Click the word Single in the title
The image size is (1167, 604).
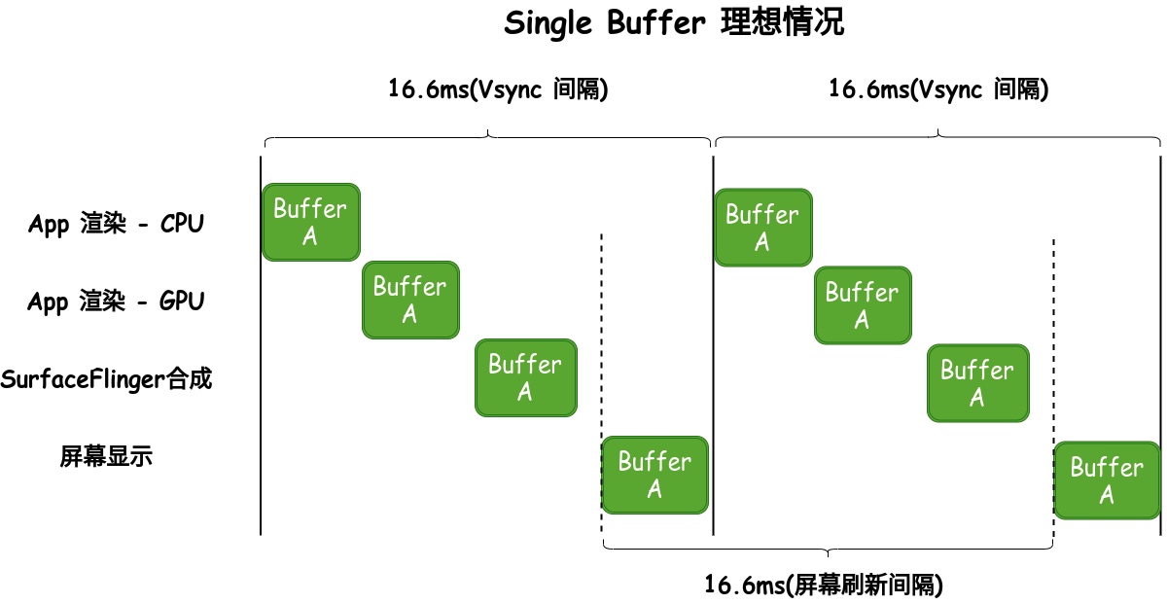(548, 23)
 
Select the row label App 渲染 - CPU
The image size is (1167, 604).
(117, 224)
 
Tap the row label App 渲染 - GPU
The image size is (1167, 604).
(117, 302)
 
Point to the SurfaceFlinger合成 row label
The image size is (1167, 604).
(106, 379)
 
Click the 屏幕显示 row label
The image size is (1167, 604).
(106, 456)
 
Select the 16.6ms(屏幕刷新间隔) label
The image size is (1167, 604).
(824, 586)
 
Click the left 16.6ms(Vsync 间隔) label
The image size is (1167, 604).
(498, 90)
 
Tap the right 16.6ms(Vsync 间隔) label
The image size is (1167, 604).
(937, 90)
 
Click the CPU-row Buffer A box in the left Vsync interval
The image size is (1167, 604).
(310, 222)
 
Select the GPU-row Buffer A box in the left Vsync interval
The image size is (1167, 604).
(409, 300)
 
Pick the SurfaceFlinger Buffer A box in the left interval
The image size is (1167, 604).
(525, 377)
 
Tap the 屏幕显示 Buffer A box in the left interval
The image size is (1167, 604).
(654, 475)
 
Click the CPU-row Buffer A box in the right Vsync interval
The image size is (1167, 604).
(762, 228)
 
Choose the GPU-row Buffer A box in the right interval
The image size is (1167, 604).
(863, 305)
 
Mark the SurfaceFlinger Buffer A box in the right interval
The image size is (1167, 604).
(977, 383)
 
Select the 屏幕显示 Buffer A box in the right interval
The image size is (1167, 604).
(1107, 480)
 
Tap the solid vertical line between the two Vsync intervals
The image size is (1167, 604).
(714, 389)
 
